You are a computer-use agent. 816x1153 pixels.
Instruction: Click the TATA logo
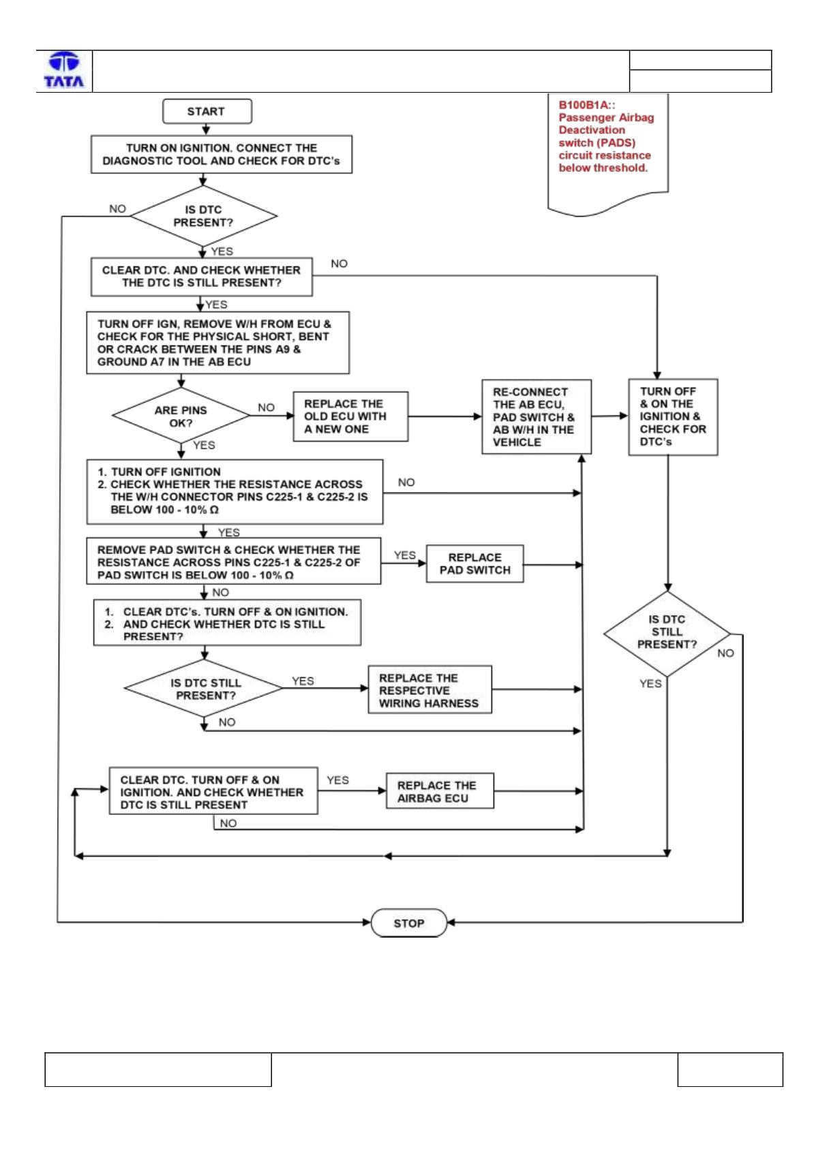pos(64,70)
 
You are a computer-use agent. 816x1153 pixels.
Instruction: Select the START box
pos(207,111)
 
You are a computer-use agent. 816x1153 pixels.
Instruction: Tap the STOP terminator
pos(409,923)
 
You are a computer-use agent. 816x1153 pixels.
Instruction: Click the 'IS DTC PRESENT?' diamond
pos(203,216)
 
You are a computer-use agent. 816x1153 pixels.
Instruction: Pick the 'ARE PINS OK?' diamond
pos(181,416)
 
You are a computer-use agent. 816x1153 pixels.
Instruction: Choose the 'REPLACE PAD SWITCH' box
pos(474,564)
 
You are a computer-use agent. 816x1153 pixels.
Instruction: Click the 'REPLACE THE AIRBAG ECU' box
pos(440,791)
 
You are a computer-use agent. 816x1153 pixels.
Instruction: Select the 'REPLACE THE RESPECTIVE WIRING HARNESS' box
pos(430,690)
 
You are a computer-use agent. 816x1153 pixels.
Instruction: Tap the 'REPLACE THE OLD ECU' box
pos(350,416)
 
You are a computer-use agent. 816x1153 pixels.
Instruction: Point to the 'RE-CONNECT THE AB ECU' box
pos(537,417)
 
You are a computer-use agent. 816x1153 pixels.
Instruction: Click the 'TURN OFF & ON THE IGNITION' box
pos(673,417)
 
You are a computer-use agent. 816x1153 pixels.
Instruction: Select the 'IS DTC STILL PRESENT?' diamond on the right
pos(667,634)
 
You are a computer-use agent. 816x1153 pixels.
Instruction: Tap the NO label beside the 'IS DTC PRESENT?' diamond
pos(117,209)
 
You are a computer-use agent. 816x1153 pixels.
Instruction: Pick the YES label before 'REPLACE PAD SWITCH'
pos(405,555)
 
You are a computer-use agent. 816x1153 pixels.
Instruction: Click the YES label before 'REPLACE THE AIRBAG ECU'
pos(337,780)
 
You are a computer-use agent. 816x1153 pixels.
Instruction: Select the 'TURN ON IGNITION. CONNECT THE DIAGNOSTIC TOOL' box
pos(222,155)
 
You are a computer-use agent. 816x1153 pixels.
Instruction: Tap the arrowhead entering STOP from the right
pos(451,923)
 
